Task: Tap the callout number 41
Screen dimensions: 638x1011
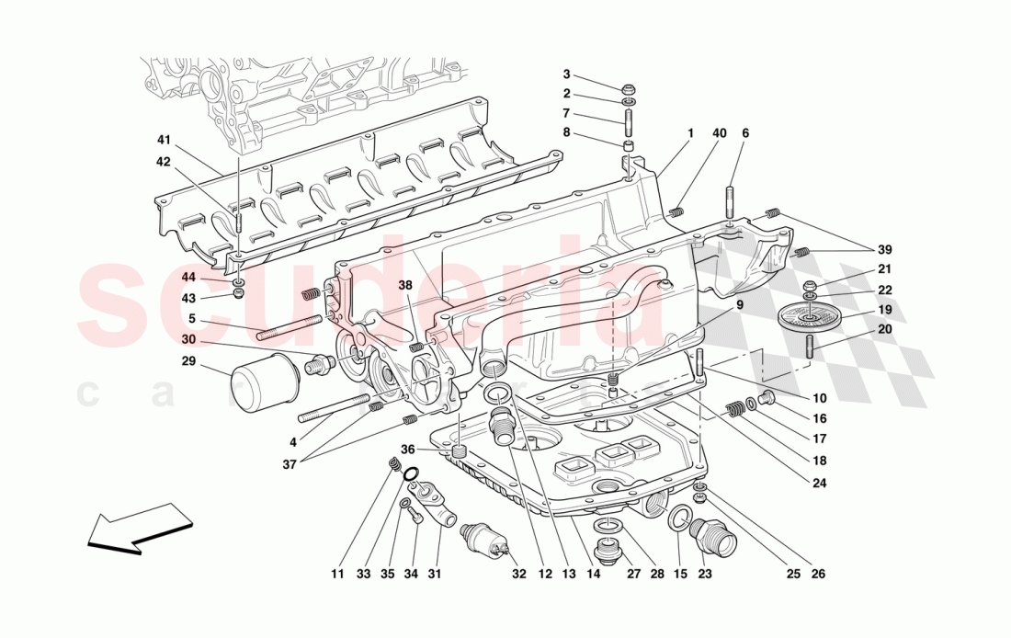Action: (x=164, y=141)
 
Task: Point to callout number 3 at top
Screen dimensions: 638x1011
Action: (x=567, y=74)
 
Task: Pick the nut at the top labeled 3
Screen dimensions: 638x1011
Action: (x=628, y=90)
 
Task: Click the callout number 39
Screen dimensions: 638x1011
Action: (x=884, y=249)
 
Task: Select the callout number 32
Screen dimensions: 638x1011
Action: (x=519, y=575)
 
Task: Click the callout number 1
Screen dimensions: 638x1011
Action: (x=689, y=133)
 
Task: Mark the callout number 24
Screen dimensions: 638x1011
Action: (x=819, y=482)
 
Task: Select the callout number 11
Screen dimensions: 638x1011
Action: (x=337, y=575)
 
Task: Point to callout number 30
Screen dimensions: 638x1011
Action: (x=188, y=338)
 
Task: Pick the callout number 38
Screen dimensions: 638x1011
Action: (x=405, y=285)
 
